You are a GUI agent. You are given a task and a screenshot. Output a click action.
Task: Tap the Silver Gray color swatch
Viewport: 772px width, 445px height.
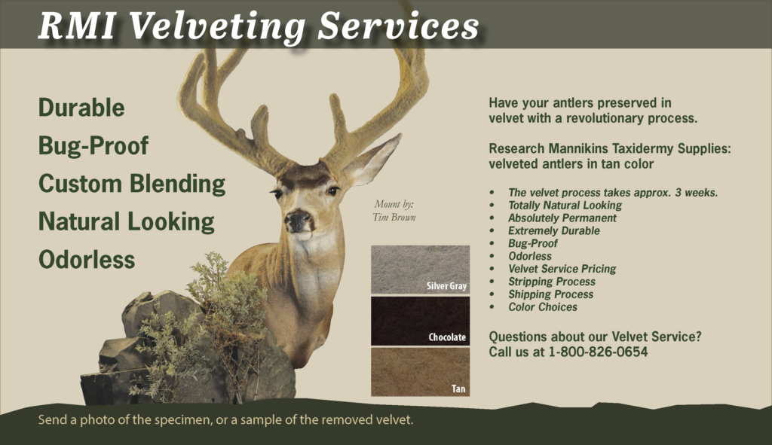point(420,270)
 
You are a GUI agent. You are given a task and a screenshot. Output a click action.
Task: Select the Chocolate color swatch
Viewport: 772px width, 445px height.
point(420,321)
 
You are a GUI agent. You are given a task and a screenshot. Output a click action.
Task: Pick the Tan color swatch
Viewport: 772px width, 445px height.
point(420,372)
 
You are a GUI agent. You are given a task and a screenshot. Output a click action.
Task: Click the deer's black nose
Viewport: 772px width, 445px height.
point(298,219)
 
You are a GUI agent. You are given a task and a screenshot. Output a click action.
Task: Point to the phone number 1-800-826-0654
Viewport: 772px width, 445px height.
point(598,352)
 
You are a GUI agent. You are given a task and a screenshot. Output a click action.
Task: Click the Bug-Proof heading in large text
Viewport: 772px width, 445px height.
point(93,145)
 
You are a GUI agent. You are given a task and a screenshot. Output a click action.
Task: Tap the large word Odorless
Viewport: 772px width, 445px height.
point(87,260)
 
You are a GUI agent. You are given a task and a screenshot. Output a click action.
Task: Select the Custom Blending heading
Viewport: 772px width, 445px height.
point(132,184)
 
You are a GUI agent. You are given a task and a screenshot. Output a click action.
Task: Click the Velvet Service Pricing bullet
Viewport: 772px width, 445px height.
point(562,269)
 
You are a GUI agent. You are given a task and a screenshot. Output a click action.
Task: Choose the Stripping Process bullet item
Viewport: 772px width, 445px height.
point(551,282)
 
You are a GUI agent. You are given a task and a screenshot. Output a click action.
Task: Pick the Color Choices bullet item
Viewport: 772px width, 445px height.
point(543,307)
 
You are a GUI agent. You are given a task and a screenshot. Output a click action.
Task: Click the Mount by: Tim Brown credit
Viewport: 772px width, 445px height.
point(394,211)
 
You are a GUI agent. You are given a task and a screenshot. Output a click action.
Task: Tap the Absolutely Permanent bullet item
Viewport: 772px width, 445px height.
point(562,218)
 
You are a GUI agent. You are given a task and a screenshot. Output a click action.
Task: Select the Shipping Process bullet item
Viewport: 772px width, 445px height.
point(550,294)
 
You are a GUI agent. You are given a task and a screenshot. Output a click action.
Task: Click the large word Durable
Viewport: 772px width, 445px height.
point(81,108)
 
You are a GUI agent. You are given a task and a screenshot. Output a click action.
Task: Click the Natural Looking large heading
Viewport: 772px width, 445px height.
point(127,222)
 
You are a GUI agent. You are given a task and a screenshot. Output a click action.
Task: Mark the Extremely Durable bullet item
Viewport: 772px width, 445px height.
point(554,230)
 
